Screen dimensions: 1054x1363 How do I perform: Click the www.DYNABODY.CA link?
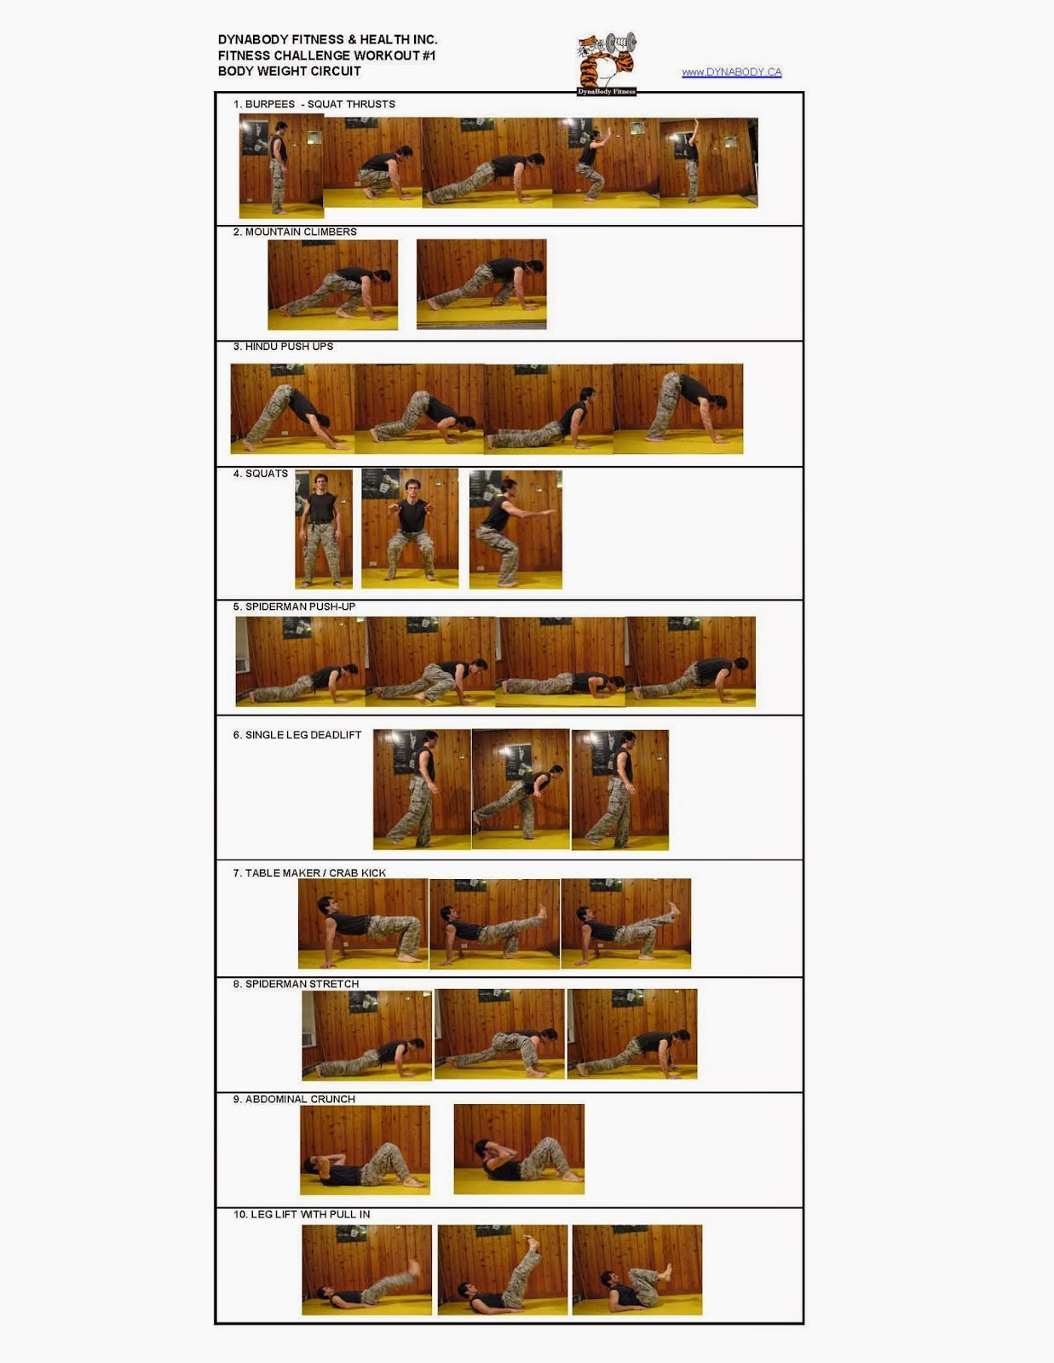pos(732,72)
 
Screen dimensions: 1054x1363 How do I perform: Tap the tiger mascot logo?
pos(607,64)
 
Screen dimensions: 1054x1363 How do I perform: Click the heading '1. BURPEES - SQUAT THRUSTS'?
pos(314,104)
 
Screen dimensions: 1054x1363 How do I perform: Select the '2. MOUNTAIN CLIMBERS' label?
pos(295,232)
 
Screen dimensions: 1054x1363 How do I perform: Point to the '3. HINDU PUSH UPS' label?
pos(283,347)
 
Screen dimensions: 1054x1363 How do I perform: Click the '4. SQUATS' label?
pos(261,474)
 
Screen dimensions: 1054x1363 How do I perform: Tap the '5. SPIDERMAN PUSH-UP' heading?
pos(294,607)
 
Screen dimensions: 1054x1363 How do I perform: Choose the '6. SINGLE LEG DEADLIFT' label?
pos(297,735)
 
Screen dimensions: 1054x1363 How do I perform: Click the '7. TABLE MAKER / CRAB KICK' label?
pos(309,873)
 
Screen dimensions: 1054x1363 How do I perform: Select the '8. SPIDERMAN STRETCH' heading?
pos(297,984)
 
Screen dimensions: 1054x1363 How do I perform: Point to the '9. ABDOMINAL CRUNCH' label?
pos(294,1100)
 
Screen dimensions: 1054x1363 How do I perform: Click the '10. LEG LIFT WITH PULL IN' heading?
pos(302,1214)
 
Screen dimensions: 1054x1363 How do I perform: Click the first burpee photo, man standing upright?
pos(281,166)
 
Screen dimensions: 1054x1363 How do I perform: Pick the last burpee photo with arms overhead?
pos(708,163)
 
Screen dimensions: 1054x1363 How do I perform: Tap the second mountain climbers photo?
pos(481,285)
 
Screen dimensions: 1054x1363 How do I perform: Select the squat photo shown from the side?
pos(515,529)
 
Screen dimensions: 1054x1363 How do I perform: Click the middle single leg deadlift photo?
pos(521,789)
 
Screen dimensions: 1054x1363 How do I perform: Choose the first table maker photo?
pos(363,923)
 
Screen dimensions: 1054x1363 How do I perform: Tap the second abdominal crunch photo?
pos(519,1149)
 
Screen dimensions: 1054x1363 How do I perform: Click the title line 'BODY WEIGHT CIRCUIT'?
pos(289,72)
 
